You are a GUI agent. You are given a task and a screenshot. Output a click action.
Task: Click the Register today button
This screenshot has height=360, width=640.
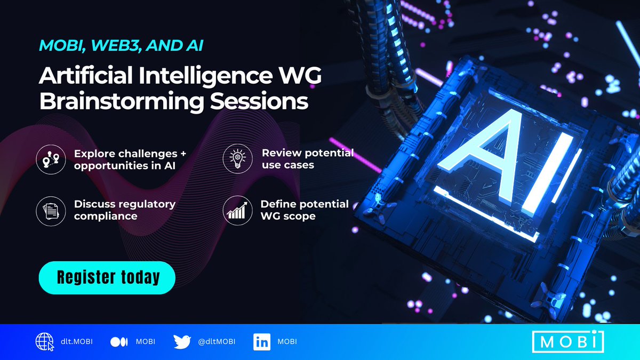(107, 277)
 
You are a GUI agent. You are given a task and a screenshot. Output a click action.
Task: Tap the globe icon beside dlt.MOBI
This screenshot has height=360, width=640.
(45, 342)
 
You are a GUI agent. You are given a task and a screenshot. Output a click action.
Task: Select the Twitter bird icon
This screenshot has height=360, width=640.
(182, 342)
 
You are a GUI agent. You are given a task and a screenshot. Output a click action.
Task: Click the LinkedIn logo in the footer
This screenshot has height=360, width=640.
(262, 342)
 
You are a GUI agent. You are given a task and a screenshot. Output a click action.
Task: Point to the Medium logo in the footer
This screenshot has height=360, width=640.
(118, 342)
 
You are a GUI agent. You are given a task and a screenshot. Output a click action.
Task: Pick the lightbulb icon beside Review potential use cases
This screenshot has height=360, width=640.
(237, 159)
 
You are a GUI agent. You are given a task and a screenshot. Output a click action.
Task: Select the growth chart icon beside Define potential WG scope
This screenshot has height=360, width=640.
(237, 210)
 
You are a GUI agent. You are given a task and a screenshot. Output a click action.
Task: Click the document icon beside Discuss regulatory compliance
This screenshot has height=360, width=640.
(51, 210)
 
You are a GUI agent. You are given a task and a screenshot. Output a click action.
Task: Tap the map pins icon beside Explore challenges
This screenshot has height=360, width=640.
(51, 159)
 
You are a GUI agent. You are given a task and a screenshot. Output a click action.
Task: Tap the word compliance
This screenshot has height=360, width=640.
(106, 217)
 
